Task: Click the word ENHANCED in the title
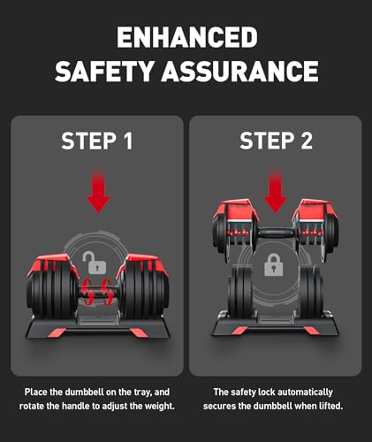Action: (187, 37)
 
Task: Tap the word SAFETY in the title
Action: (104, 71)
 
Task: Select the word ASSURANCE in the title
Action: (239, 71)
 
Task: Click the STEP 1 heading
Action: (97, 141)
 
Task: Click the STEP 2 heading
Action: (276, 141)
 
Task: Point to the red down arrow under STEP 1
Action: (98, 191)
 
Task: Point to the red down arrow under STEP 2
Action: (276, 191)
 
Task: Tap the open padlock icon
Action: (95, 262)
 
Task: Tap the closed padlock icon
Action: (274, 264)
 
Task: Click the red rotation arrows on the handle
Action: (97, 293)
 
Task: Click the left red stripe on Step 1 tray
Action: (56, 333)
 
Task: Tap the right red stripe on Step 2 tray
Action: (311, 331)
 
